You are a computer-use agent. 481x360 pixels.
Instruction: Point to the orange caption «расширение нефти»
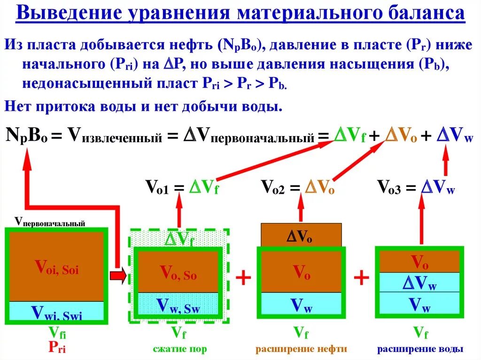click(301, 349)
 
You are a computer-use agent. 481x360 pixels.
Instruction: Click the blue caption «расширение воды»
click(420, 349)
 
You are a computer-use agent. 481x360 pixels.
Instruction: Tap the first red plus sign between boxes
click(243, 278)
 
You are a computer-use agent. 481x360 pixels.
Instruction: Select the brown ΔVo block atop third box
click(301, 236)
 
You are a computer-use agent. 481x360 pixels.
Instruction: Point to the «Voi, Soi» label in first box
click(56, 268)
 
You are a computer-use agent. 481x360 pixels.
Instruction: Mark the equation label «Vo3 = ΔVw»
click(416, 188)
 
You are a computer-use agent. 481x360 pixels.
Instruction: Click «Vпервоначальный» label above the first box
click(50, 221)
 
